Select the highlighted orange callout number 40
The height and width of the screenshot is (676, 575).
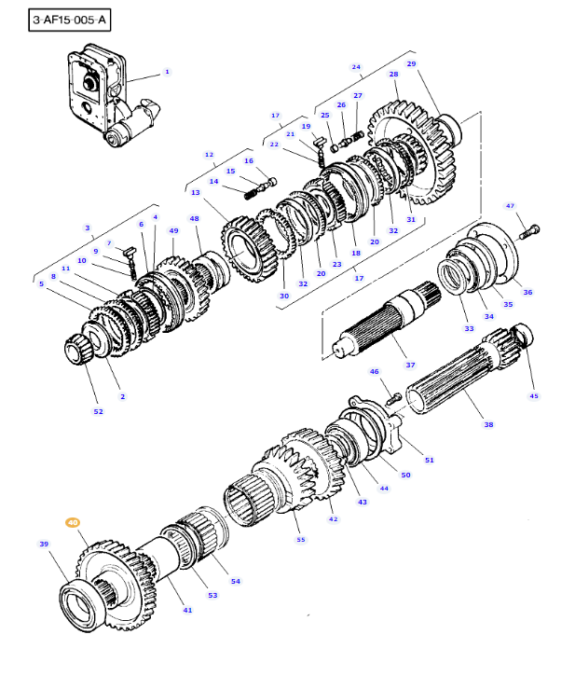73,524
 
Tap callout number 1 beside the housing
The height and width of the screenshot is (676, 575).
167,72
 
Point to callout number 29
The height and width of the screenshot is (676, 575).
411,63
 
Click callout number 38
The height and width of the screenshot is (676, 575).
488,424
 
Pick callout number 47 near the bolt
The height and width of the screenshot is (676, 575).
510,205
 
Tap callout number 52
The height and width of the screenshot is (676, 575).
98,411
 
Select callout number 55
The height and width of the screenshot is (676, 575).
300,539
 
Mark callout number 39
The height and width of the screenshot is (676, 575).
43,544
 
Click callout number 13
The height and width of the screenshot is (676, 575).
195,192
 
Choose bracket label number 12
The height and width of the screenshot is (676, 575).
209,155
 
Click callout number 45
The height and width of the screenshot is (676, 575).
534,395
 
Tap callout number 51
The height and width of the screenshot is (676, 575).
429,459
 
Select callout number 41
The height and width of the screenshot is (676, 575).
187,610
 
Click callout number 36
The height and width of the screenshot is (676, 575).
527,292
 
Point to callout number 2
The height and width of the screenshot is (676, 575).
122,396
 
